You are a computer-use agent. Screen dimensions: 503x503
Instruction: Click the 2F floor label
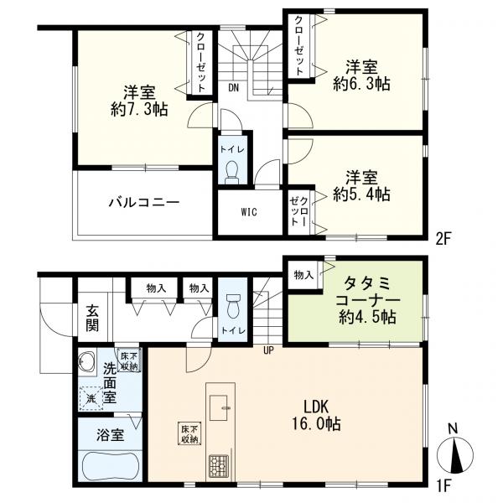coord(444,239)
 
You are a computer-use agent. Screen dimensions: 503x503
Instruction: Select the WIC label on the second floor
coord(249,212)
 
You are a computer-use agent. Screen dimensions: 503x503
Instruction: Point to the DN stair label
coord(234,87)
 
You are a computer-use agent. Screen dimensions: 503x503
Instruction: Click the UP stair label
coord(268,350)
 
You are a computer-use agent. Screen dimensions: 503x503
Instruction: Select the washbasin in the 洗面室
coord(87,361)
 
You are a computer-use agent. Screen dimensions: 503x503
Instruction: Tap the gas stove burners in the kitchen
coord(219,466)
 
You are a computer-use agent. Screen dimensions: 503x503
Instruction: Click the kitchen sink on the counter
coord(219,407)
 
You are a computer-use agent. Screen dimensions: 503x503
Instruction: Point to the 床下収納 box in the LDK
coord(190,433)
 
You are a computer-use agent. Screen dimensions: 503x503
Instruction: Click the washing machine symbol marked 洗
coord(91,398)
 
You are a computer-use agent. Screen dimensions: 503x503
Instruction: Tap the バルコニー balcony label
coord(143,202)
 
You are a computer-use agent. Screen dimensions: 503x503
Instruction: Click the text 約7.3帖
coord(139,109)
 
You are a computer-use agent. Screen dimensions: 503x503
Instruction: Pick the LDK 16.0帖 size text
coord(316,416)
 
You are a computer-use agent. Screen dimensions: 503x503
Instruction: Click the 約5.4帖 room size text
coord(362,194)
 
